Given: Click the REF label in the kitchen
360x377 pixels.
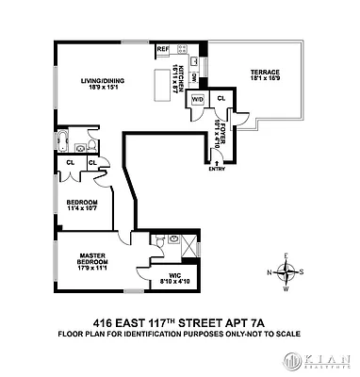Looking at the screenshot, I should point(162,49).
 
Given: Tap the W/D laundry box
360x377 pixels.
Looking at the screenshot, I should point(198,99).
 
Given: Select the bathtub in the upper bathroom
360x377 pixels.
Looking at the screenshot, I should point(63,144).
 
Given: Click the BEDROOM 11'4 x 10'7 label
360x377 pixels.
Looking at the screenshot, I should point(82,205).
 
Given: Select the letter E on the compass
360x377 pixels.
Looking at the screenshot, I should point(289,255).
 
